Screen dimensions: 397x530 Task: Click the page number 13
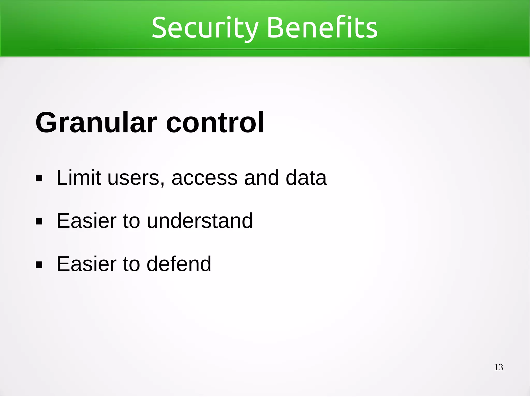[x=498, y=367]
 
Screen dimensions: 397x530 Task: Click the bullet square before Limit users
[x=39, y=178]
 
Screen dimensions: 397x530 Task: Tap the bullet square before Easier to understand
[x=39, y=222]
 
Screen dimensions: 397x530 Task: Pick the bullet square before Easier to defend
[x=39, y=265]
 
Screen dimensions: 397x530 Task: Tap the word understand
[x=200, y=221]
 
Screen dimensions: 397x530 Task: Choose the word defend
[x=179, y=264]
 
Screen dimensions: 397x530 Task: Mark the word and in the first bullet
[x=262, y=178]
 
